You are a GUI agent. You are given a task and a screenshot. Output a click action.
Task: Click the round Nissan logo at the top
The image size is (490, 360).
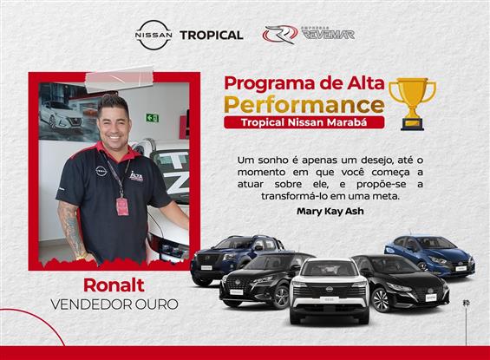(154, 35)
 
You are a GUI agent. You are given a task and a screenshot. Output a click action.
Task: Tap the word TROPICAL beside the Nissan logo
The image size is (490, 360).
(211, 35)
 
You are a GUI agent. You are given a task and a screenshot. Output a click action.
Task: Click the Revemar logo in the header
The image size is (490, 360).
(297, 35)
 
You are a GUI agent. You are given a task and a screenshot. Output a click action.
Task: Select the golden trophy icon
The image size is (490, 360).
(412, 99)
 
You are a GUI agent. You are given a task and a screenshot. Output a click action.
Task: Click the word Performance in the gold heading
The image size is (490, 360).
(304, 104)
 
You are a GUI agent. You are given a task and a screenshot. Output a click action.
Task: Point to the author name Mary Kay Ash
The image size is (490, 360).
(326, 211)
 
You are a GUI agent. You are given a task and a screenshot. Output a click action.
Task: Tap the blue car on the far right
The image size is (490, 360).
(430, 252)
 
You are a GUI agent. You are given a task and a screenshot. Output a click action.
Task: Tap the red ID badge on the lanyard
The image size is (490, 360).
(122, 206)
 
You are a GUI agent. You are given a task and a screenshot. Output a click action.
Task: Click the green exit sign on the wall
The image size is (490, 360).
(153, 118)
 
